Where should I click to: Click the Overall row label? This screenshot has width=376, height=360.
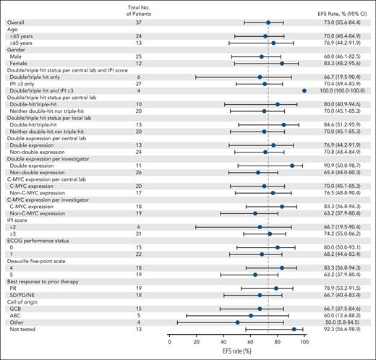coord(16,23)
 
